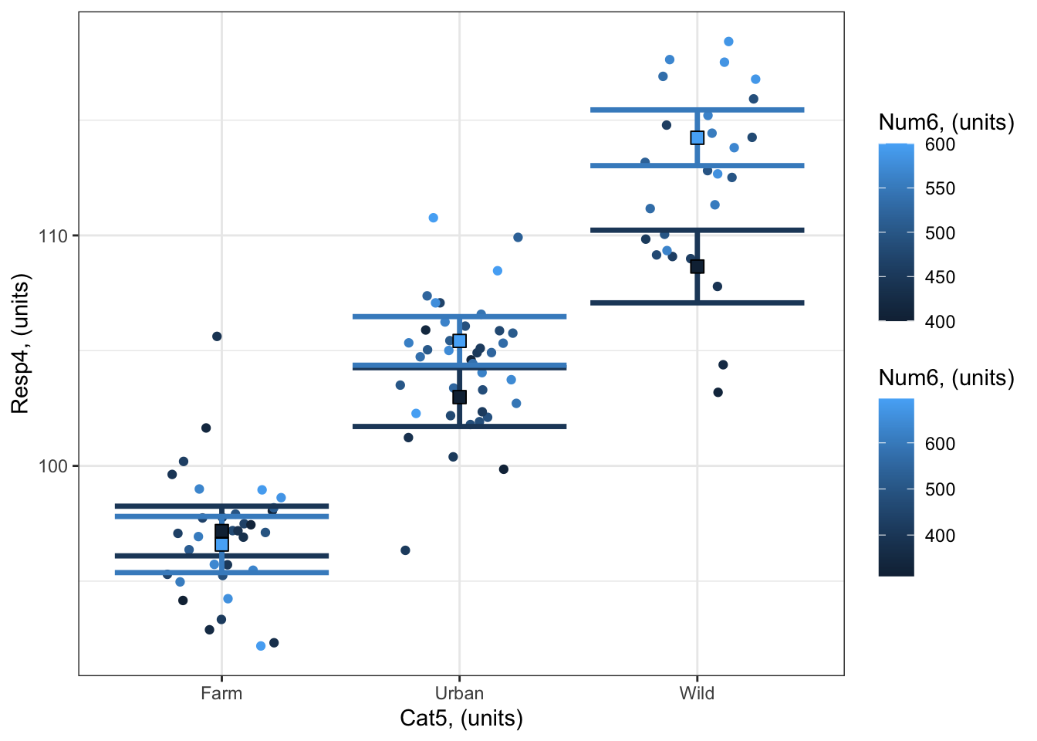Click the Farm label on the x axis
pos(221,693)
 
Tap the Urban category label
pos(459,693)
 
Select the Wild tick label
pos(697,693)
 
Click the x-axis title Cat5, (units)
pos(461,719)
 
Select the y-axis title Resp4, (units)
pos(20,343)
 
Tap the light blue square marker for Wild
pos(698,137)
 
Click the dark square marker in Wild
pos(698,266)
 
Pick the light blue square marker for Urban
pos(460,340)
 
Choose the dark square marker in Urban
pos(460,397)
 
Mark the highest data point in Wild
pos(728,42)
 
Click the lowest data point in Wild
pos(718,392)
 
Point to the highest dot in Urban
pos(434,218)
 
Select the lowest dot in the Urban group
pos(405,550)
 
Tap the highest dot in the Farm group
pos(217,336)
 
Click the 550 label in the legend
pos(940,189)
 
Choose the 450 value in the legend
pos(940,278)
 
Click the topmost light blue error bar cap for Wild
pos(698,110)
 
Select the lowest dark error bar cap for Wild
pos(698,303)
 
